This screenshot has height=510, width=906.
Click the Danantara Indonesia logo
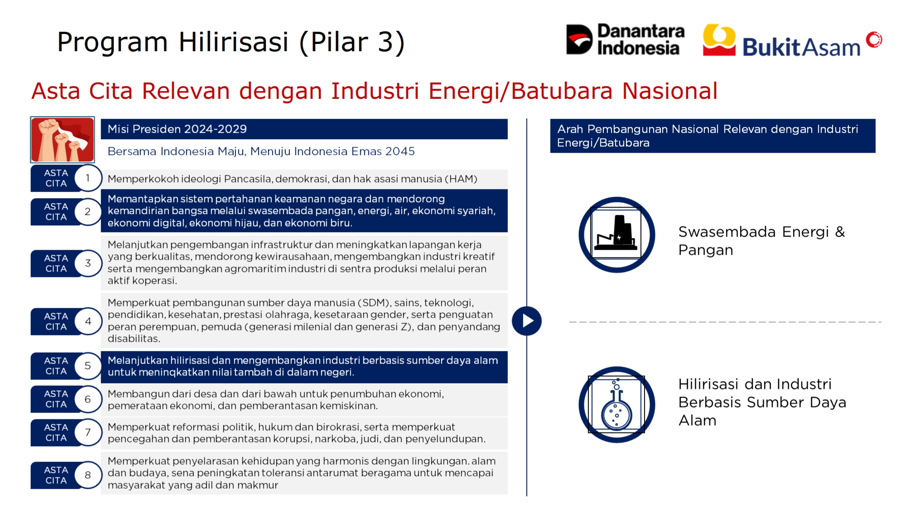coord(625,39)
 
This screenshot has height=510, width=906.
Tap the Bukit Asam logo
coord(792,40)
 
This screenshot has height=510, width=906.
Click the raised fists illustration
coord(63,140)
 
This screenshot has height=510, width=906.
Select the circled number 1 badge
coord(88,178)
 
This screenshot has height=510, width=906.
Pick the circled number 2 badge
coord(88,212)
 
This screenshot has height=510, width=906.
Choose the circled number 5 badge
coord(88,366)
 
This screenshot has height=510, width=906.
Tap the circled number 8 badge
coord(88,475)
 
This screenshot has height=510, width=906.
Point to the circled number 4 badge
coord(88,321)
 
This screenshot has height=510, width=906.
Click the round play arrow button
coord(527,321)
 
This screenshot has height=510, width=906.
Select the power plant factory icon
coord(617,235)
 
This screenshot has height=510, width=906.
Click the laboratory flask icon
coord(617,404)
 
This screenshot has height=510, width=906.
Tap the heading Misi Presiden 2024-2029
coord(177,129)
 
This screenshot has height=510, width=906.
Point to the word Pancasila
coord(248,179)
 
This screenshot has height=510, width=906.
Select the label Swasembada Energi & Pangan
coord(761,241)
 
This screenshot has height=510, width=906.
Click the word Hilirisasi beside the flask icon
coord(709,384)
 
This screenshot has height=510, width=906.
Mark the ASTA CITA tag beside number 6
coord(56,399)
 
